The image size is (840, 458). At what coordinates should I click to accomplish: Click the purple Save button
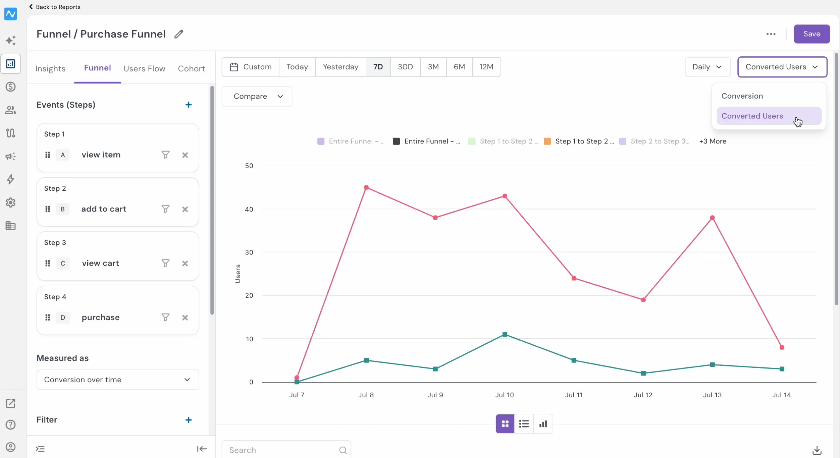point(811,34)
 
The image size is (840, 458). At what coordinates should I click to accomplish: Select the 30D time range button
point(405,67)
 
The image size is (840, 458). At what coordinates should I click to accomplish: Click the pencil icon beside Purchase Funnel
point(179,34)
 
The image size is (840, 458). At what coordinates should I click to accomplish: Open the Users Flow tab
point(144,68)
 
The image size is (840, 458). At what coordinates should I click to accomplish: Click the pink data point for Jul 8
point(366,187)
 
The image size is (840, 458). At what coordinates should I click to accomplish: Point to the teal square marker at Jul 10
point(505,334)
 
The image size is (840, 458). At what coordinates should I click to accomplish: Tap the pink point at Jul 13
point(713,218)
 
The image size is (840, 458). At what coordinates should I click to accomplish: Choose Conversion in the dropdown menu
point(742,96)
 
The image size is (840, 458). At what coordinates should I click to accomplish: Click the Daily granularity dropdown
point(707,67)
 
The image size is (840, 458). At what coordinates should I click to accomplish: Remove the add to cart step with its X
point(185,209)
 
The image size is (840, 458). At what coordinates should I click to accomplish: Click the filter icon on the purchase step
point(165,317)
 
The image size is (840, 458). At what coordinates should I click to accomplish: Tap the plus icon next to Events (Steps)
point(189,105)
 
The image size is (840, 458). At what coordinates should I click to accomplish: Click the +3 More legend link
point(713,141)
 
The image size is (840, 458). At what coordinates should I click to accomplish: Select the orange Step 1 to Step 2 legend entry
point(579,141)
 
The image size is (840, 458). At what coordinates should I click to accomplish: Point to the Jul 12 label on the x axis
point(643,395)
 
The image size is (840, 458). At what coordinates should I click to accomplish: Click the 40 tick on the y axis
point(249,209)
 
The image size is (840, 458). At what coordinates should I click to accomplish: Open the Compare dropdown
point(257,96)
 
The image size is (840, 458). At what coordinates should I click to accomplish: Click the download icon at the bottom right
point(817,450)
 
